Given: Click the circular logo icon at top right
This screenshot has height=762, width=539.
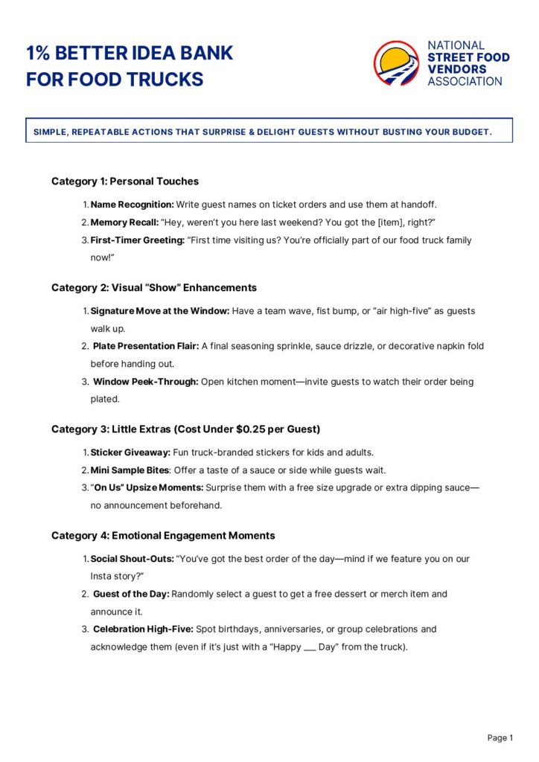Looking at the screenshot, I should click(397, 63).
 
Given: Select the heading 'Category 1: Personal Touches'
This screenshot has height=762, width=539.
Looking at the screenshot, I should click(125, 181).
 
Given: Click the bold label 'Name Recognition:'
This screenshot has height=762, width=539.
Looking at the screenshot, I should click(133, 204).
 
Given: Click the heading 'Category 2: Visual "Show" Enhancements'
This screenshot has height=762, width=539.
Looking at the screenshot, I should click(154, 287).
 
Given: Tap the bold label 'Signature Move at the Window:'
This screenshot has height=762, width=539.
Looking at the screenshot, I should click(160, 311).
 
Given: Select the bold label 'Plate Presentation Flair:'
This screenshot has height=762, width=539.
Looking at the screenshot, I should click(146, 346).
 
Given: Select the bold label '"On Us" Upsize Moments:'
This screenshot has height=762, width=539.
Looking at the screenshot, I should click(147, 488).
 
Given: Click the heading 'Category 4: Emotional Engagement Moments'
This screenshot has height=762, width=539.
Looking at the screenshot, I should click(163, 535).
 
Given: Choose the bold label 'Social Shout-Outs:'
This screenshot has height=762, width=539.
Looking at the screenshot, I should click(132, 559).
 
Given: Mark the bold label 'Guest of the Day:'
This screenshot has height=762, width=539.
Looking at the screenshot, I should click(131, 594).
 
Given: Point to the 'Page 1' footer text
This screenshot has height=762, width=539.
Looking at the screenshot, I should click(500, 737).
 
